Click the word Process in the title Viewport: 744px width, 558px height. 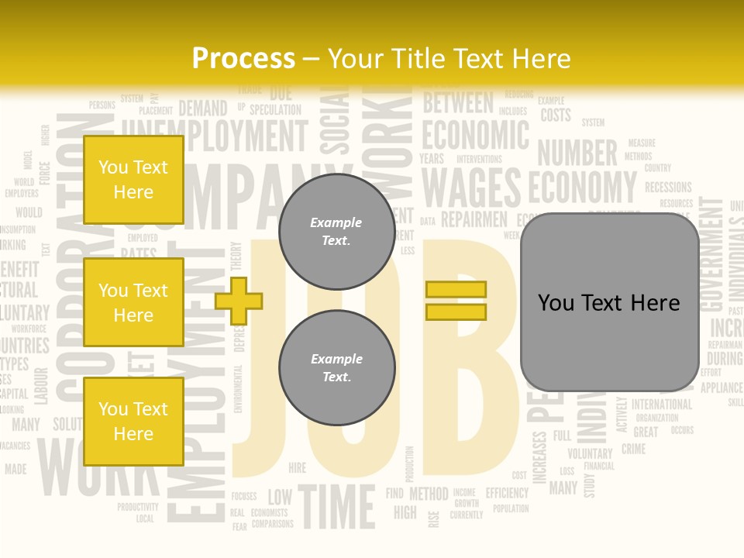[x=243, y=59]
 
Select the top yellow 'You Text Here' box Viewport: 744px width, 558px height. [x=133, y=180]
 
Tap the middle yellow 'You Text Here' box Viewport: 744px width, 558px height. [x=133, y=302]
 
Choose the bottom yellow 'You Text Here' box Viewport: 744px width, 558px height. [x=133, y=421]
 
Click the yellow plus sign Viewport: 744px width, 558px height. [x=239, y=298]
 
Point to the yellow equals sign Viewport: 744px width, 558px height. [x=456, y=301]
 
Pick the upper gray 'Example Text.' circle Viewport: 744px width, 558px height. [x=336, y=232]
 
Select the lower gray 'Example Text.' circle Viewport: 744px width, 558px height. [x=336, y=368]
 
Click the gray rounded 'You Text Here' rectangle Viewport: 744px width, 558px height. [x=609, y=302]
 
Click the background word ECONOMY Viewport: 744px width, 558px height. [x=582, y=187]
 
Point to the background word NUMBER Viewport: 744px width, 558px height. [x=577, y=153]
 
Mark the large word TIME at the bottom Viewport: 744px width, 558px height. [x=336, y=506]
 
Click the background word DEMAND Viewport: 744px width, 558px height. [x=203, y=108]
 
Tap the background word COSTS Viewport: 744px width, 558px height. [x=556, y=116]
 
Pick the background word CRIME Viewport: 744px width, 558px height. [x=633, y=449]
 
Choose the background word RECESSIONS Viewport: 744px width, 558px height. [x=668, y=187]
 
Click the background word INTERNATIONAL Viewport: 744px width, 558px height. [x=662, y=405]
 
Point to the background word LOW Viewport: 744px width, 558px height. [x=280, y=496]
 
